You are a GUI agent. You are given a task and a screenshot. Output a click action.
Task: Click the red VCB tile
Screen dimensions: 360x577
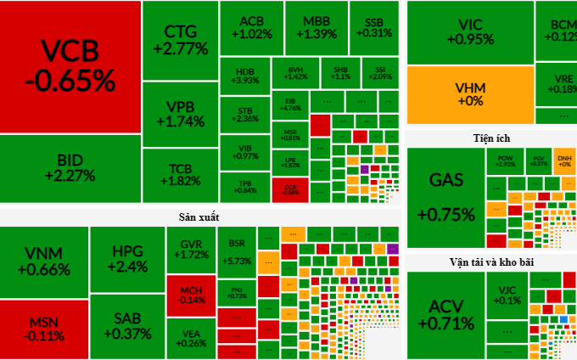point(70,66)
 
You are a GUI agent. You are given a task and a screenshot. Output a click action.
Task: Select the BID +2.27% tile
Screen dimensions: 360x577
point(70,168)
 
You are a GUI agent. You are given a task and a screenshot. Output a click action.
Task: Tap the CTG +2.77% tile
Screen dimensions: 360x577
point(180,41)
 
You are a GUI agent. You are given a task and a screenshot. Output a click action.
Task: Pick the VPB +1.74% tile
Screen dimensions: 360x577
point(180,114)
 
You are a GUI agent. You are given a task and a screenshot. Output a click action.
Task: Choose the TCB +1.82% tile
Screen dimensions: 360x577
point(180,173)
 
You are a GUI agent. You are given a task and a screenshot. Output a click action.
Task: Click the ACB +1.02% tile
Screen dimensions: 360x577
point(250,28)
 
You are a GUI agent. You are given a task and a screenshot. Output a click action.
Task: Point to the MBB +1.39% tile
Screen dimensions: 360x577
point(316,28)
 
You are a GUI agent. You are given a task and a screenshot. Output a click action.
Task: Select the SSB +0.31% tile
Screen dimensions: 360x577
point(374,28)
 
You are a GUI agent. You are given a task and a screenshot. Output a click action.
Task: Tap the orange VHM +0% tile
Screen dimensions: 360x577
point(469,94)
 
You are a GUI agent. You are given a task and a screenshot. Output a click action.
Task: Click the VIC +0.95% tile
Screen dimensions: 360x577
point(469,31)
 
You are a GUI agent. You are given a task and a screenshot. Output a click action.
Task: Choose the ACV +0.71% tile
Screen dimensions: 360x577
point(445,315)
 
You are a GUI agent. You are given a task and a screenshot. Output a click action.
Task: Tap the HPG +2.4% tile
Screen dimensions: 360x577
point(127,258)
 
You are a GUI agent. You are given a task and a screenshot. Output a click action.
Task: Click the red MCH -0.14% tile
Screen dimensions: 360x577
point(191,294)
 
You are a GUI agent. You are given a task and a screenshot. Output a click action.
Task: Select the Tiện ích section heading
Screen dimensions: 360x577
point(491,138)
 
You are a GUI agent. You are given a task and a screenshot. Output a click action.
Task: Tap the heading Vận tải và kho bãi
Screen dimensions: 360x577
point(491,261)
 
